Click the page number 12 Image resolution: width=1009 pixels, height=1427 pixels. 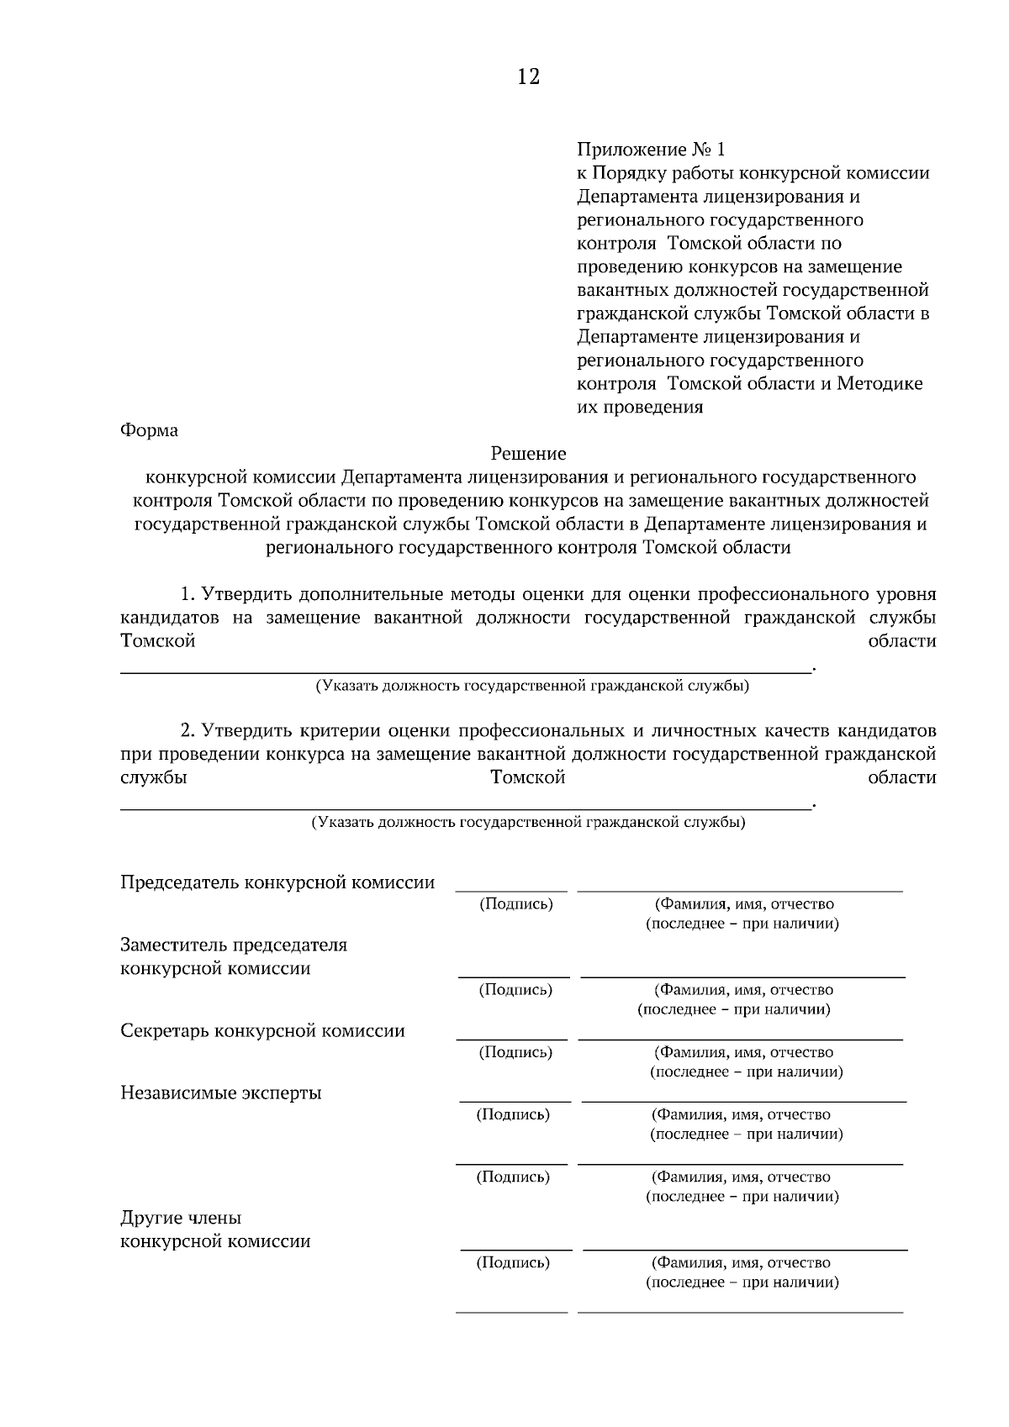528,77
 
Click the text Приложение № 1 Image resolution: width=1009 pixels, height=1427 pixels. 650,150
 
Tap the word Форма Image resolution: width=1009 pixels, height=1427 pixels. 150,430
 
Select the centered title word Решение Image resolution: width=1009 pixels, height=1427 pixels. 528,454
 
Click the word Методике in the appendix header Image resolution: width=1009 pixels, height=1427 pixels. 880,384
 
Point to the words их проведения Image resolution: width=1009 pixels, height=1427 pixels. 640,408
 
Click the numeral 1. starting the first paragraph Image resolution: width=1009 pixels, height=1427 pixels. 188,595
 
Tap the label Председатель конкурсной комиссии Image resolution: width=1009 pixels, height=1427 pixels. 277,882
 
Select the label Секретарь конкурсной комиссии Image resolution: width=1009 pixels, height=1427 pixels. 262,1031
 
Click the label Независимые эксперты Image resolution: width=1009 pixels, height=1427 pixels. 221,1093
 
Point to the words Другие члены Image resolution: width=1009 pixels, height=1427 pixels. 181,1218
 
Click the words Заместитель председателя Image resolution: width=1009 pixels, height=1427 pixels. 234,945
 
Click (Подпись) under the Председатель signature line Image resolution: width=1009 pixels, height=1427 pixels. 515,904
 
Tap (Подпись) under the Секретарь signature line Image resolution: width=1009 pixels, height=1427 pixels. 515,1052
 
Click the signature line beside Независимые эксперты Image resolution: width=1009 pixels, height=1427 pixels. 514,1101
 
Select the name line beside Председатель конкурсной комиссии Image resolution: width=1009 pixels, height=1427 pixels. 740,891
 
